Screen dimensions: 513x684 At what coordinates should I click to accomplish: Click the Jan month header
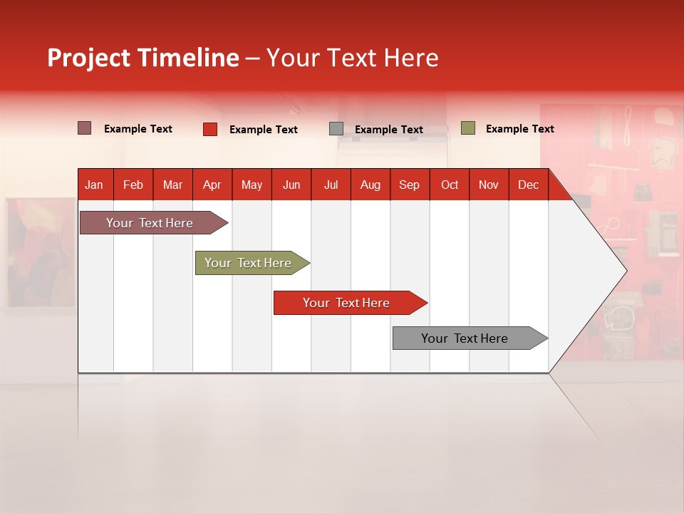tap(94, 185)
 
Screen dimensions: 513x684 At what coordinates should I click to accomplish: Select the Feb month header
tap(133, 185)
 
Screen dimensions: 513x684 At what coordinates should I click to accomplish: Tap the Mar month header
tap(172, 185)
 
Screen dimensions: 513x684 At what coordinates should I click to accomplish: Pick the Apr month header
tap(212, 185)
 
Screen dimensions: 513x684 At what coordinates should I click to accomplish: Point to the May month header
tap(252, 185)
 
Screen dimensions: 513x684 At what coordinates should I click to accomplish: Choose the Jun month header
tap(291, 185)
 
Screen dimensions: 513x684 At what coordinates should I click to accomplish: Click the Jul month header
tap(331, 185)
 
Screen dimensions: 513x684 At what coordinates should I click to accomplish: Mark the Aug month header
tap(370, 185)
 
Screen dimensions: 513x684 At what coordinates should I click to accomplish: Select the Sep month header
tap(409, 185)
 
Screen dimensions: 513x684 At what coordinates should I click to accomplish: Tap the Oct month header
tap(450, 185)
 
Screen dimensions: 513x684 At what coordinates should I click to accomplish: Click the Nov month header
tap(488, 185)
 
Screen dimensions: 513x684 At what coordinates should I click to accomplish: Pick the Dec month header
tap(528, 185)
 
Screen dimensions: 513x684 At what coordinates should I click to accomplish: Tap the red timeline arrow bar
tap(347, 303)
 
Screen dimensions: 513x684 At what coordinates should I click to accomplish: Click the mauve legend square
tap(85, 128)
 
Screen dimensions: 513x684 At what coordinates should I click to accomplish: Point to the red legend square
tap(210, 129)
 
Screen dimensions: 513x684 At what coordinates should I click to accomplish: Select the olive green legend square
tap(468, 128)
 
